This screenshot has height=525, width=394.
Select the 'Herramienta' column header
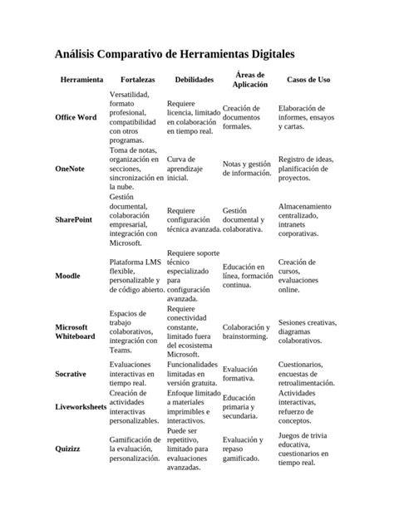(81, 80)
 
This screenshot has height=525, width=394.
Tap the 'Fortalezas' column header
(137, 80)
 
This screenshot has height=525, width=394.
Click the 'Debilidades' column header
(194, 80)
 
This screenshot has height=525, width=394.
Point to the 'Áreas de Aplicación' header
(249, 80)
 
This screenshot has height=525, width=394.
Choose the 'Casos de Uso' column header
(308, 80)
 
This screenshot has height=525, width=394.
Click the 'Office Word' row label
(76, 118)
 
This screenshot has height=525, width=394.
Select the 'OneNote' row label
(70, 169)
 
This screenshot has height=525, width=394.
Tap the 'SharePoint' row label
(74, 218)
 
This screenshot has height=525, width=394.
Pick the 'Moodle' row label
(67, 276)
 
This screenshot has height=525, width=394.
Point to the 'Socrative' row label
(71, 375)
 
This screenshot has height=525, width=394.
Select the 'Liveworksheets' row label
(81, 408)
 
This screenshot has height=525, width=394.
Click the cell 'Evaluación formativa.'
(241, 375)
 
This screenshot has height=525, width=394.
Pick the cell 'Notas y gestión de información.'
(247, 169)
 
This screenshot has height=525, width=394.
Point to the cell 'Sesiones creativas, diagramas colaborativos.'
(308, 331)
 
